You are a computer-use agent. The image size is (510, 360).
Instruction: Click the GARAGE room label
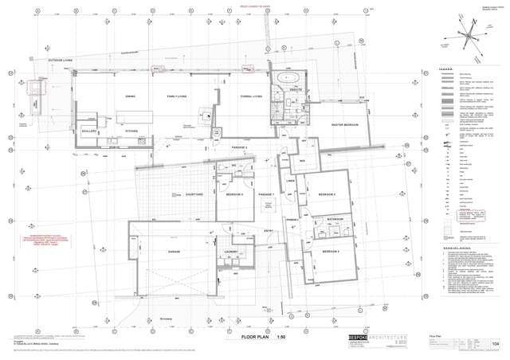174,252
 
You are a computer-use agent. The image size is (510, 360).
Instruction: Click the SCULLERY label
88,131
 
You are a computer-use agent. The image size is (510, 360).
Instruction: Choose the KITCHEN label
131,131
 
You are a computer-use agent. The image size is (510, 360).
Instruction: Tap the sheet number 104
496,344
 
